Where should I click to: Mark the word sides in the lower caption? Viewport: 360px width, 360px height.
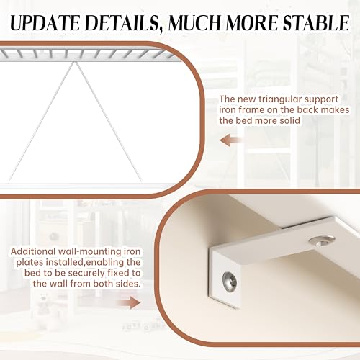point(124,284)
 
